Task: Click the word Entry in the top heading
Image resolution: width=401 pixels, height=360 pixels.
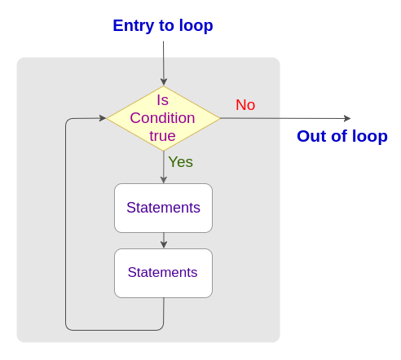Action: (x=134, y=26)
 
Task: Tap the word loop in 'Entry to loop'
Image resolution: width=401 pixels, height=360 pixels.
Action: (x=196, y=26)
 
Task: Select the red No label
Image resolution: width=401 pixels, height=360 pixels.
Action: (x=245, y=105)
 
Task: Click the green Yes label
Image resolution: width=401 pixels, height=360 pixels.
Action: (x=181, y=162)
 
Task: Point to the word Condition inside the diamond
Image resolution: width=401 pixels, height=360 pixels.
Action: (x=162, y=118)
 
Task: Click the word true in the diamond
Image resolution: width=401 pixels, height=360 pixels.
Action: (x=162, y=136)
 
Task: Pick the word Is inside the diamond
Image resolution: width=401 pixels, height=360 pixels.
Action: (x=163, y=100)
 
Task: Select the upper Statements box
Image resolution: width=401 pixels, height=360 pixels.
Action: (x=163, y=208)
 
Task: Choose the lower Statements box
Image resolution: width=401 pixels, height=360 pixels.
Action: (x=163, y=273)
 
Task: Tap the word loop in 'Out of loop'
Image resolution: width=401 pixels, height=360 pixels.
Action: (x=370, y=137)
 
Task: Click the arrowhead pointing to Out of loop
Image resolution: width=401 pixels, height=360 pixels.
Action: (x=347, y=118)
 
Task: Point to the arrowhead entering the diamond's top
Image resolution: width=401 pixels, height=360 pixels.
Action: (x=164, y=82)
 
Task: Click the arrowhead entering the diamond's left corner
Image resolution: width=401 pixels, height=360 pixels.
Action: (x=103, y=118)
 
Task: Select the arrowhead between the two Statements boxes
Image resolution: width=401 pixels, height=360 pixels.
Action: (x=164, y=244)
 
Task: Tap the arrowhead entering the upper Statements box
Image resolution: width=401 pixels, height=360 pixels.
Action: (x=164, y=180)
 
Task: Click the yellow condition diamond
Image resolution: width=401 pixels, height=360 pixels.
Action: (x=163, y=118)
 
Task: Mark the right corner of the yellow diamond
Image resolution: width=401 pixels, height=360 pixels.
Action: (x=220, y=118)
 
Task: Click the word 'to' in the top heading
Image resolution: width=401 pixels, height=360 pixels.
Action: (x=166, y=26)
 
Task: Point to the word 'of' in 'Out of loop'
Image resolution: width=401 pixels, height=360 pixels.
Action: (x=339, y=136)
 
